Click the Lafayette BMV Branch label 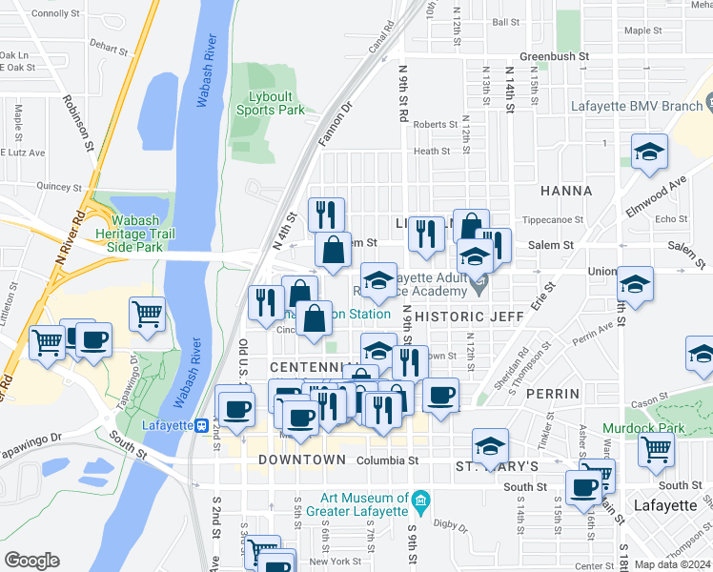coord(636,107)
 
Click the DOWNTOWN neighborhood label coord(301,460)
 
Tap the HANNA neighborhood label coord(566,191)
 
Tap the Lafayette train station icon coord(202,426)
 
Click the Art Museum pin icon coord(419,500)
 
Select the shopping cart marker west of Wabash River coord(147,313)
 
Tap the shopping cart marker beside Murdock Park coord(657,449)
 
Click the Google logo coord(32,561)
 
